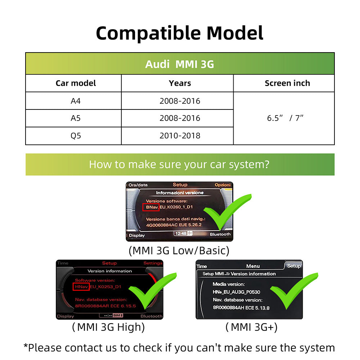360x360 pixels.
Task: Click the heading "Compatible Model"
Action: [x=180, y=33]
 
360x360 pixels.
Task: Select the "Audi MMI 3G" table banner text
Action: [x=180, y=64]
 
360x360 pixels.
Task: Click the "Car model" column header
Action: [x=76, y=83]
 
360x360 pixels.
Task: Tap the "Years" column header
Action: [x=180, y=83]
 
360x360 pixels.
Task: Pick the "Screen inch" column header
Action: [x=287, y=83]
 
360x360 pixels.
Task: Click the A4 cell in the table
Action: [x=76, y=101]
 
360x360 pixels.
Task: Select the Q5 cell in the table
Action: [x=76, y=136]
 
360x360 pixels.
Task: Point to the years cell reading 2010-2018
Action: [x=180, y=136]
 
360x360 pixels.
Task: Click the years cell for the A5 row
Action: [x=180, y=118]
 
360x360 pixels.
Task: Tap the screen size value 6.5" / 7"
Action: [x=285, y=118]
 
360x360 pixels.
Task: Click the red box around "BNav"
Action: [x=151, y=207]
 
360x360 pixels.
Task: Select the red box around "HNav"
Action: [x=81, y=287]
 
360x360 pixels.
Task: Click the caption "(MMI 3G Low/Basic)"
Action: [x=179, y=250]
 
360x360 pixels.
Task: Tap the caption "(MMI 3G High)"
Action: [x=108, y=327]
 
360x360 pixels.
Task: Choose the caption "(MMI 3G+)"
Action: [x=251, y=327]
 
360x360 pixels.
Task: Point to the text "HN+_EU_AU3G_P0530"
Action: [x=236, y=292]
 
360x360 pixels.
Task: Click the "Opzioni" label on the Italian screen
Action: [x=222, y=185]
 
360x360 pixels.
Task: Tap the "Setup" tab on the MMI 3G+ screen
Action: [x=294, y=266]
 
